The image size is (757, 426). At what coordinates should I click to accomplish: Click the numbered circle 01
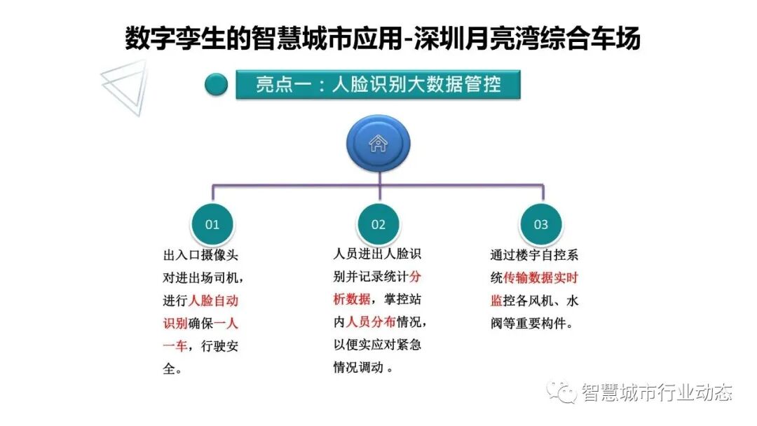212,224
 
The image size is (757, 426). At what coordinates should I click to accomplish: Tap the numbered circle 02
378,224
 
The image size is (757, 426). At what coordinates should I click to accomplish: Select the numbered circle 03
541,224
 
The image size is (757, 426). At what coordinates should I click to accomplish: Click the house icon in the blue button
378,144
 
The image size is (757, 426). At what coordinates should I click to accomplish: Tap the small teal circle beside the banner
217,85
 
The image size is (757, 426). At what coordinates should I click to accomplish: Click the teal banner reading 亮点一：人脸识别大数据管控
378,85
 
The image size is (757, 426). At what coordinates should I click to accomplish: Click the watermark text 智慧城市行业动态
656,393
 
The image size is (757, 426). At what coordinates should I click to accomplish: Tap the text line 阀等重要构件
532,324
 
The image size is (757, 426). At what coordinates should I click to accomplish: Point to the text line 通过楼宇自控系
534,256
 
